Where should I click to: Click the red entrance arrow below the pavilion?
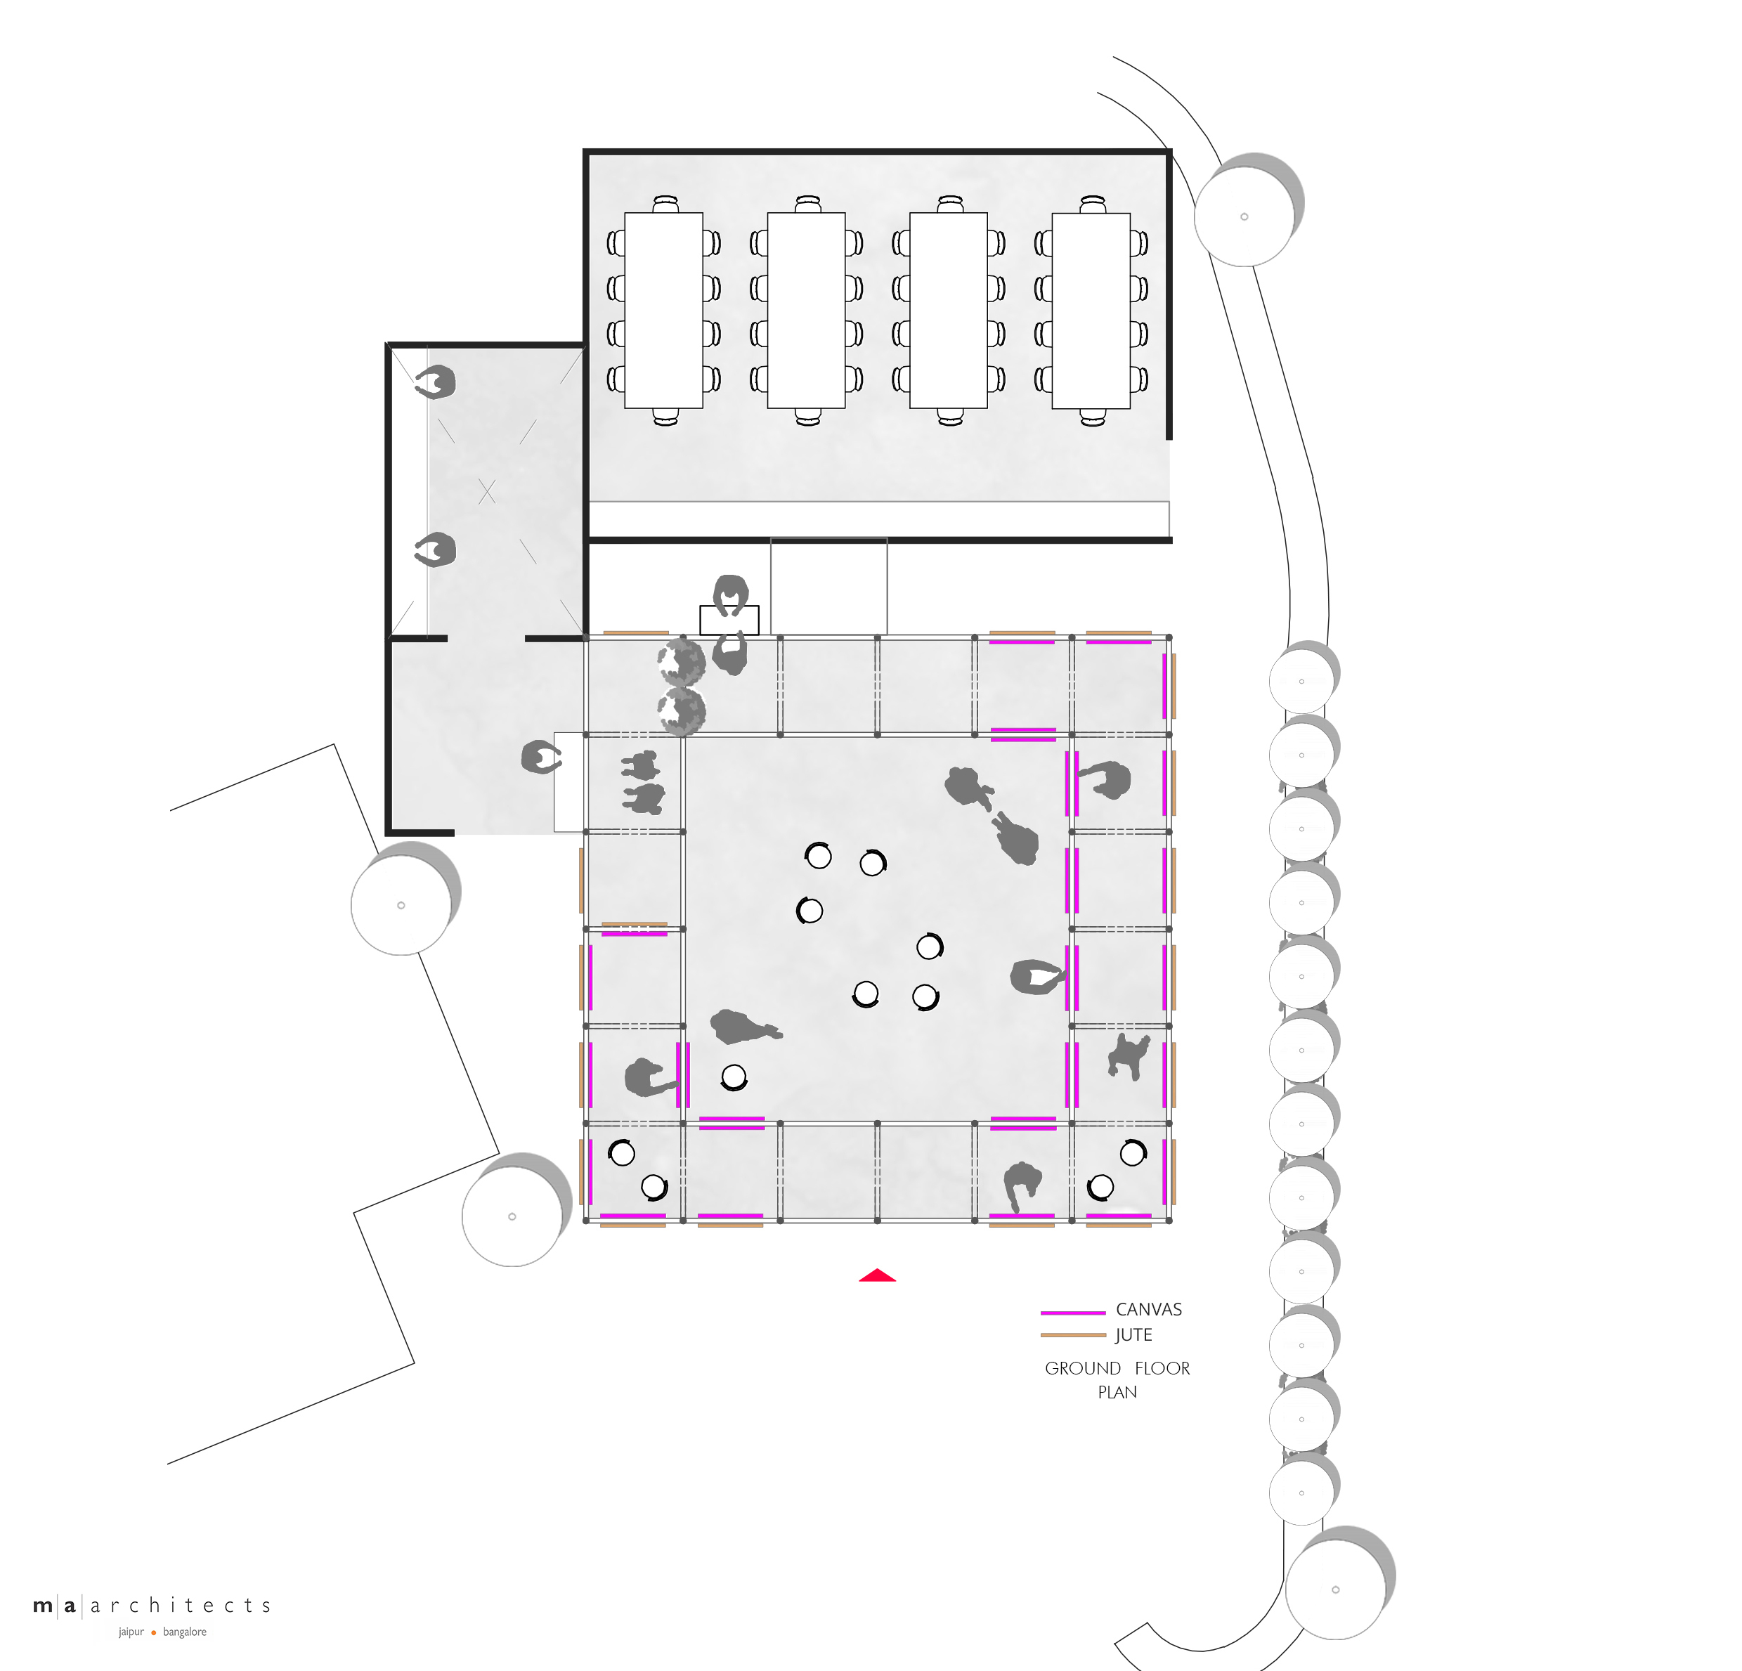[876, 1275]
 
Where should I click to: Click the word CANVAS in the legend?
[1148, 1309]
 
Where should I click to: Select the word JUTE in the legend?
[1133, 1335]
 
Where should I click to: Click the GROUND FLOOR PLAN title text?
[1117, 1379]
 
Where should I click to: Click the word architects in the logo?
[181, 1605]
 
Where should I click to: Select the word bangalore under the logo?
[184, 1632]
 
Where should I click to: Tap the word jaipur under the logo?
[131, 1632]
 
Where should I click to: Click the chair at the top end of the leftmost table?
[665, 204]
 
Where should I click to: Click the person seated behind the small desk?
[731, 594]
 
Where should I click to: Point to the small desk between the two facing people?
[729, 620]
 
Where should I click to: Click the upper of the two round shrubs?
[682, 661]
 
